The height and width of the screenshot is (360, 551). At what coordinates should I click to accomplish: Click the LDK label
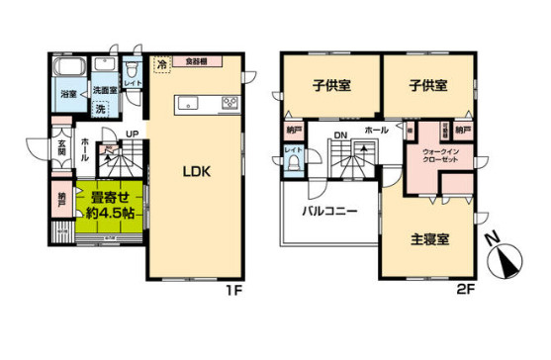tap(195, 171)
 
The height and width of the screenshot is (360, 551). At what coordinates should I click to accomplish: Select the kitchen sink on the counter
tap(189, 102)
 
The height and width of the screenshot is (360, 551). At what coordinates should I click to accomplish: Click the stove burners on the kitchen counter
tap(229, 102)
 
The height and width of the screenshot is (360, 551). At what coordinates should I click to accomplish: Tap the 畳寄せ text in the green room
tap(106, 195)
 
